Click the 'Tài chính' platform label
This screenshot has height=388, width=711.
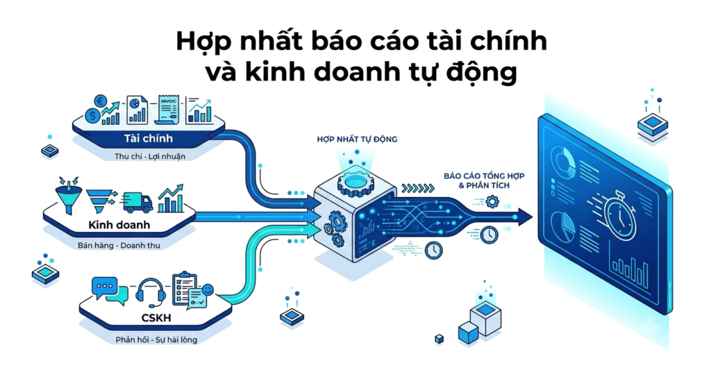coord(149,138)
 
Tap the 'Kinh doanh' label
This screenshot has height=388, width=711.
coord(119,224)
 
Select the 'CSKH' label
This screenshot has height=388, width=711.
coord(156,318)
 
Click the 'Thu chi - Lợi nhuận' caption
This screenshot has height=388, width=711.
coord(150,156)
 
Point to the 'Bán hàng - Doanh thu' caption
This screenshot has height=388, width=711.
coord(119,245)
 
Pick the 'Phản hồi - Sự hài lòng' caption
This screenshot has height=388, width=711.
coord(156,339)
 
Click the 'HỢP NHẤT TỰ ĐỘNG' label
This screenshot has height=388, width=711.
coord(357,139)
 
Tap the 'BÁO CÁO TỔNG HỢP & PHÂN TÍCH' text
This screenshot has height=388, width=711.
coord(484,180)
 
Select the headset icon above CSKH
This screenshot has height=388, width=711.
coord(151,291)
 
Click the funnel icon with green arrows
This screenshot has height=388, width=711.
coord(68,195)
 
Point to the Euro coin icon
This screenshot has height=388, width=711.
coord(100,101)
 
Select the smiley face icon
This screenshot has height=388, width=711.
coord(208,289)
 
